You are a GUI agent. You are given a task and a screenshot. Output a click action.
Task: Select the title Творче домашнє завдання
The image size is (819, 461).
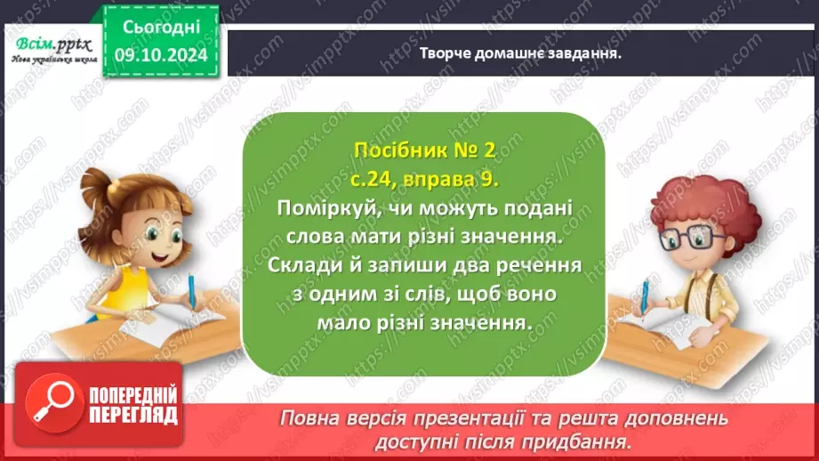[519, 53]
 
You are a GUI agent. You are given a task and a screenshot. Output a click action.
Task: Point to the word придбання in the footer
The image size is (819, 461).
[581, 439]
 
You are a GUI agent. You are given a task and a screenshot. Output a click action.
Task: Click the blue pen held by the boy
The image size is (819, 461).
[643, 294]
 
